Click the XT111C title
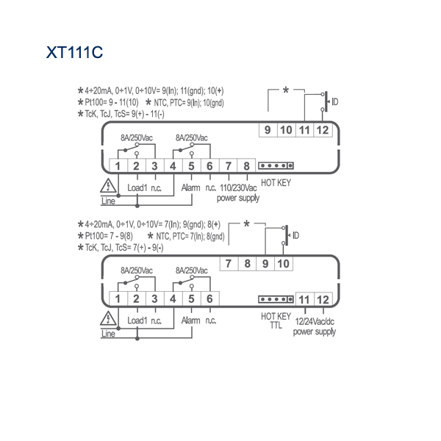[x=74, y=52]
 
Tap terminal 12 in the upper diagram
[x=323, y=130]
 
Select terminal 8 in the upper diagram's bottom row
[x=246, y=166]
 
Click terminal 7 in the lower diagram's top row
[x=229, y=264]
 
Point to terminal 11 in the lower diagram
[x=304, y=300]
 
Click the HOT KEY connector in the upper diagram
[x=276, y=165]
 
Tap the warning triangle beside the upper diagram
[x=108, y=186]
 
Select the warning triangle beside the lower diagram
[x=108, y=318]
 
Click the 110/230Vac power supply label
[x=238, y=193]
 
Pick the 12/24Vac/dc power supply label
[x=315, y=326]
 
